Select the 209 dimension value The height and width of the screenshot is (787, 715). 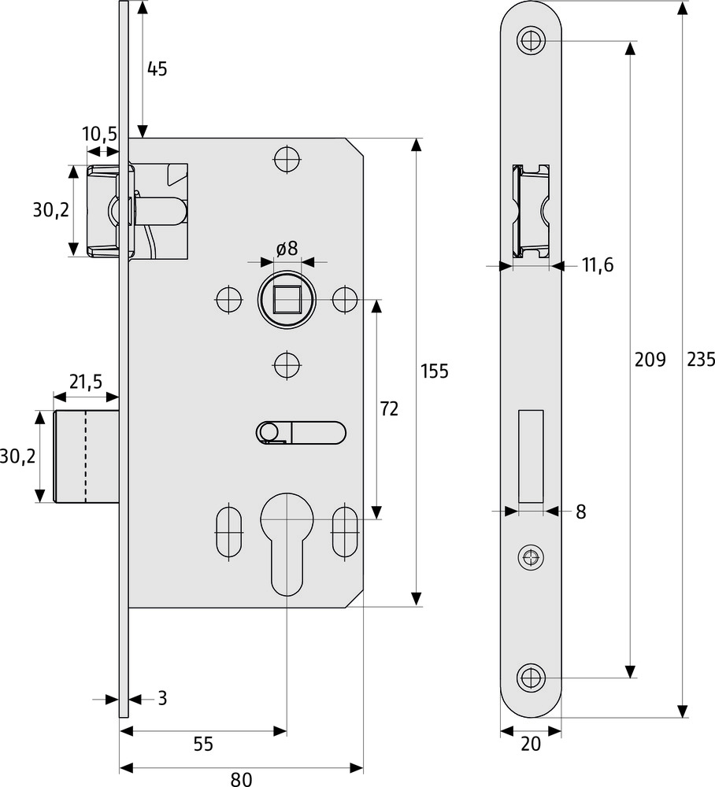click(650, 360)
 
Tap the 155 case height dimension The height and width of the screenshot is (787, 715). click(434, 371)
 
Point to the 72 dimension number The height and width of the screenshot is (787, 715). click(389, 408)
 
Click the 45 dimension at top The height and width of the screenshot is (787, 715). click(157, 68)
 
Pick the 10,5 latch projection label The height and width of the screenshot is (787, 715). click(99, 135)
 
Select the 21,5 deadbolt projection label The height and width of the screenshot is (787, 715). click(85, 382)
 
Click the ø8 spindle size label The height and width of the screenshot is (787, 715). click(287, 249)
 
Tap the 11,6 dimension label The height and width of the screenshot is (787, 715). click(598, 266)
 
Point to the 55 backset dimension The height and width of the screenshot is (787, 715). click(203, 744)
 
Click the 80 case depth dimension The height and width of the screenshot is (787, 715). click(241, 779)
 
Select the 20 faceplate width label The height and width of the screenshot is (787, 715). click(532, 744)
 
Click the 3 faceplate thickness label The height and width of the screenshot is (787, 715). click(162, 698)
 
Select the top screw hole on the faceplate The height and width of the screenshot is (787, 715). click(531, 39)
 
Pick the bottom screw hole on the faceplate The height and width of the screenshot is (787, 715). click(531, 677)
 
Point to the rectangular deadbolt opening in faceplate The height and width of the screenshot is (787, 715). click(531, 456)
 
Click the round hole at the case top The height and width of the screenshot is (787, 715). click(287, 159)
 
